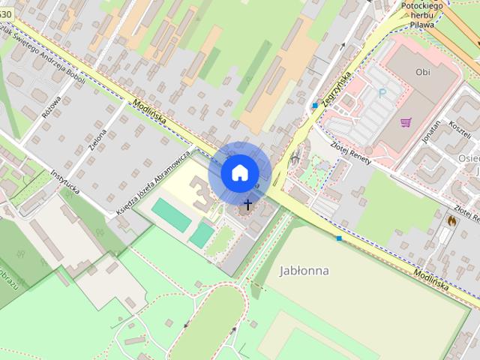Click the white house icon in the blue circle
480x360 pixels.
click(x=239, y=172)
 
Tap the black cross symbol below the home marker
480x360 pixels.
click(x=248, y=203)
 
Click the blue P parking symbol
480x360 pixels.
click(x=382, y=94)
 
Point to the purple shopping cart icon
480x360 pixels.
click(x=406, y=122)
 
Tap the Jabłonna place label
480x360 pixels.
click(x=304, y=270)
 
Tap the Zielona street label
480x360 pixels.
click(x=97, y=139)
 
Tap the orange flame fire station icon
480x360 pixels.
click(x=451, y=220)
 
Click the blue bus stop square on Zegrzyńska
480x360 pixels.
click(x=315, y=106)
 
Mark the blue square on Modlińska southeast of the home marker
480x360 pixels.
click(x=339, y=238)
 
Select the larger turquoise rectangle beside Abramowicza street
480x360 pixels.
click(x=170, y=214)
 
